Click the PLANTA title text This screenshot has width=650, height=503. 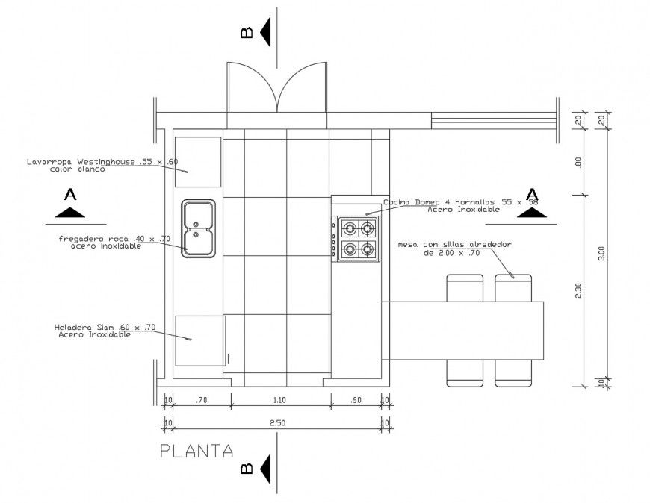(196, 451)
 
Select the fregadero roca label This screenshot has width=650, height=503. (115, 242)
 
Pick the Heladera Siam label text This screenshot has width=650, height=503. (105, 331)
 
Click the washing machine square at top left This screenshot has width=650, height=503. (198, 161)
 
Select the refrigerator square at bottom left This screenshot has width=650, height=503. (200, 340)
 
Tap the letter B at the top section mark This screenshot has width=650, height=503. (246, 33)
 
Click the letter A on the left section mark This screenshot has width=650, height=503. (71, 195)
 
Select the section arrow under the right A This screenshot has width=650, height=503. (533, 213)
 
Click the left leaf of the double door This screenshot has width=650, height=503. (253, 88)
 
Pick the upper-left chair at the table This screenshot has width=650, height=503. (465, 288)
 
